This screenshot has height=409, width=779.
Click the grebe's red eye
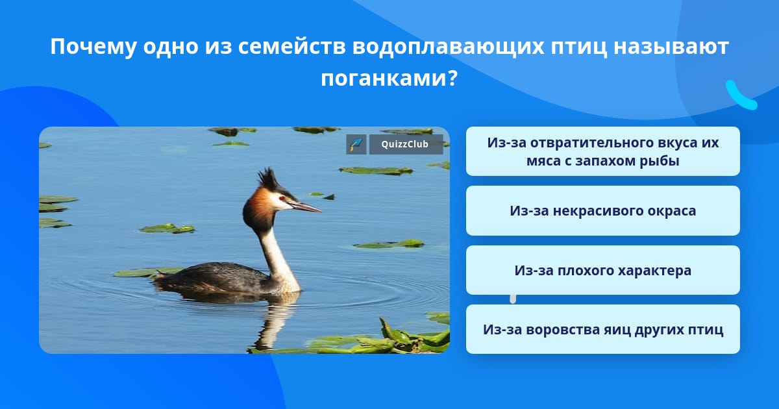(x=282, y=199)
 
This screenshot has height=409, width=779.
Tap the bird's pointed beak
(x=305, y=206)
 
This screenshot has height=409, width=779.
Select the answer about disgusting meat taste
(x=602, y=151)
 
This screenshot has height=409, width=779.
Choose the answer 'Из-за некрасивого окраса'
(x=602, y=211)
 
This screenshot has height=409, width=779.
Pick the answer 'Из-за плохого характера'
(x=602, y=270)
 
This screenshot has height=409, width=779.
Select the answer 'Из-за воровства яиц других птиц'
(x=602, y=329)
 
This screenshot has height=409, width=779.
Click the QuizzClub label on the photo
(x=406, y=144)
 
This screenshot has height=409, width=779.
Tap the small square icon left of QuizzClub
(x=356, y=144)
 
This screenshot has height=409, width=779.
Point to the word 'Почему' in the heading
(x=93, y=47)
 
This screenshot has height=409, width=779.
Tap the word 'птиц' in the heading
(x=579, y=47)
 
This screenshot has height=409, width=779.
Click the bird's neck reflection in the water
(x=275, y=323)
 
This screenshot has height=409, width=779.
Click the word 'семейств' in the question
(x=292, y=47)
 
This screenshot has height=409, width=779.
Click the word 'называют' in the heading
(x=671, y=47)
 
